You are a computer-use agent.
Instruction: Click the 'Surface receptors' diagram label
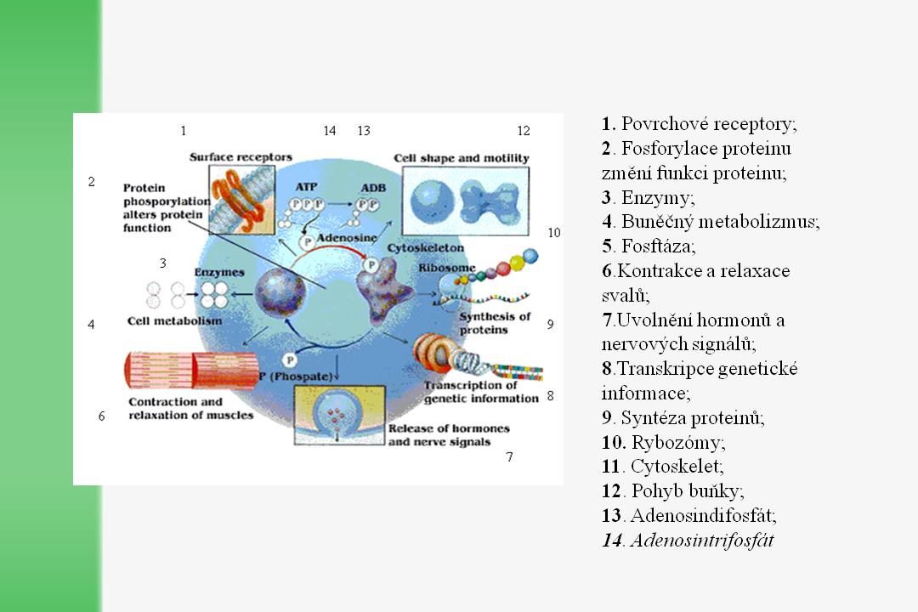point(241,157)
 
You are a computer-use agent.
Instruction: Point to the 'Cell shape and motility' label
point(462,158)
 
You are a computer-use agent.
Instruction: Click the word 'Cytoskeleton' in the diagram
point(425,247)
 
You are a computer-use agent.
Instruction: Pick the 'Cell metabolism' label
point(174,321)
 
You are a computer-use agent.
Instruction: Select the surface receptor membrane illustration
point(241,197)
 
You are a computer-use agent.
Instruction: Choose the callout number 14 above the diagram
point(330,131)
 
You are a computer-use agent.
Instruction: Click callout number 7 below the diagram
point(509,457)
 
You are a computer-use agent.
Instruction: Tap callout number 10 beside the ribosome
point(554,232)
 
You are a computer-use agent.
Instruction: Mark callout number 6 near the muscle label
point(102,416)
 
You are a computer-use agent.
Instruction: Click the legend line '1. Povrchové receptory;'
point(699,124)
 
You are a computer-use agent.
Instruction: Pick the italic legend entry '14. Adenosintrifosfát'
point(688,540)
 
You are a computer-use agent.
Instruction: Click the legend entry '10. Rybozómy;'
point(663,442)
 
